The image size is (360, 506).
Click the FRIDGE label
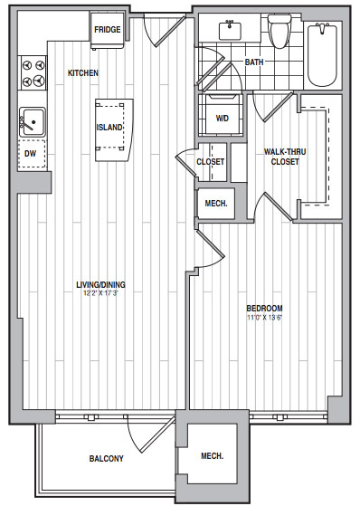pos(108,30)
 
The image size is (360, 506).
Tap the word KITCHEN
pos(83,73)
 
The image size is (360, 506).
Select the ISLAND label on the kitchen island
pos(109,127)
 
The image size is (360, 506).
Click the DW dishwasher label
pos(31,154)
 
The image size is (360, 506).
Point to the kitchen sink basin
pos(33,121)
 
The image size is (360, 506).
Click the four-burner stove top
pos(33,73)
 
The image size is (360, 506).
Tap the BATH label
pos(254,62)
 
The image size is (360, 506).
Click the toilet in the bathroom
pos(280,32)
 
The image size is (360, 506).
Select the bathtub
pos(323,55)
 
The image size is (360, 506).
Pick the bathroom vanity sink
pos(230,31)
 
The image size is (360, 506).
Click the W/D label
pos(223,118)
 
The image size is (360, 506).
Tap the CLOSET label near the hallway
pos(211,161)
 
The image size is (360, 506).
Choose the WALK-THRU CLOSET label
pos(285,157)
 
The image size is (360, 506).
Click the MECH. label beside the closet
pos(216,204)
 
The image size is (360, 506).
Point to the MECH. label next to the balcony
pos(213,456)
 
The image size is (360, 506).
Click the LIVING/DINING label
pos(100,284)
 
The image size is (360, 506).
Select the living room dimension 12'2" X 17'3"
pos(100,293)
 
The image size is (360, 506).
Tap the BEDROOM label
pos(264,308)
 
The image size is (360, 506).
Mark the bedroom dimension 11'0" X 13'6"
pos(264,317)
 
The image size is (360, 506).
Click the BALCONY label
pos(107,459)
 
